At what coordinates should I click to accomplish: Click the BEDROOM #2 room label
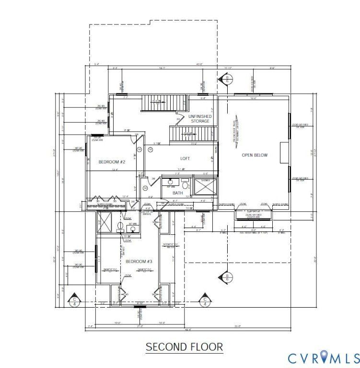[x=112, y=162]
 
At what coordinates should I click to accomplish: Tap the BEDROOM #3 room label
[x=139, y=262]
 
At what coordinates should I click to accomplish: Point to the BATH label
[x=178, y=193]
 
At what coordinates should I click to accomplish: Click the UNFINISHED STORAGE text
[x=199, y=118]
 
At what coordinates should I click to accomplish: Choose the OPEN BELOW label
[x=255, y=155]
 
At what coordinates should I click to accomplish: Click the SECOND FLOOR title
[x=184, y=346]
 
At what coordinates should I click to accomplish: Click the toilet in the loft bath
[x=186, y=184]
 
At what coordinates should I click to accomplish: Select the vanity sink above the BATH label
[x=170, y=182]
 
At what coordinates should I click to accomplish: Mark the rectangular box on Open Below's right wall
[x=284, y=149]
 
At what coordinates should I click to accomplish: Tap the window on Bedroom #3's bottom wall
[x=140, y=304]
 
